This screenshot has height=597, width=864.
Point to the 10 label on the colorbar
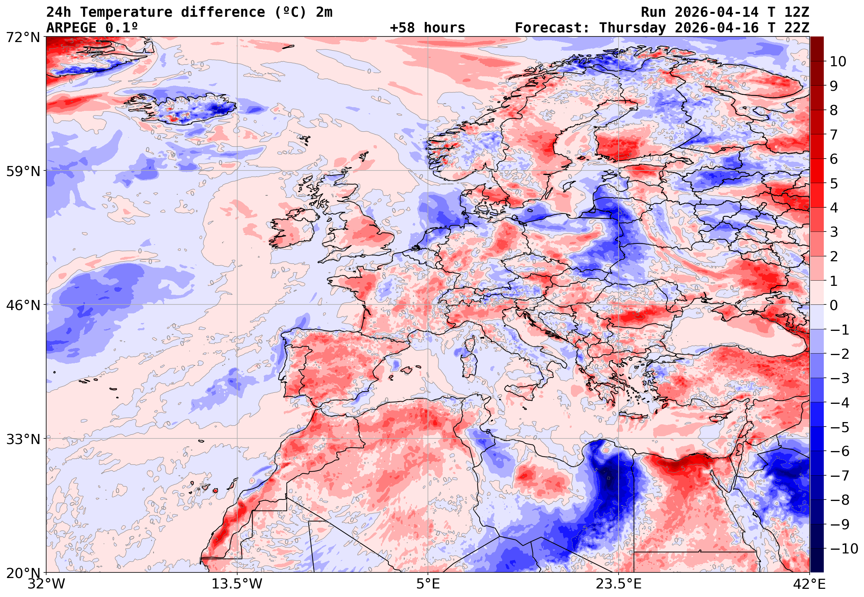(838, 62)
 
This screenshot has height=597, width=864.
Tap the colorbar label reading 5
(834, 183)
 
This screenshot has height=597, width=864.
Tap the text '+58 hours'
(427, 28)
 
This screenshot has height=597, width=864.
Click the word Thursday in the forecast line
(632, 28)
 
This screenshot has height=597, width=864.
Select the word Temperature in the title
(126, 12)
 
